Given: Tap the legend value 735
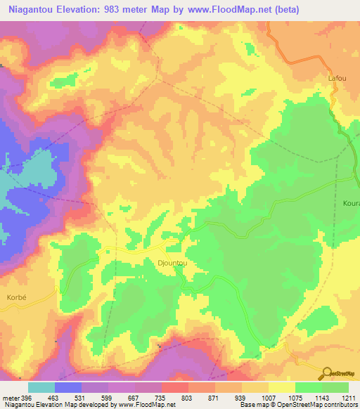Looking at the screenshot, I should [x=161, y=398].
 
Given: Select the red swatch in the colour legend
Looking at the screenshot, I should [x=175, y=387].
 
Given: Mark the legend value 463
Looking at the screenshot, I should [x=54, y=398].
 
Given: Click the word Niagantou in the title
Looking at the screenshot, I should [x=30, y=10].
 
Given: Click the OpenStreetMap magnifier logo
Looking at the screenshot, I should [x=327, y=372].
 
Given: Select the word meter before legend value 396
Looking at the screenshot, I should [x=10, y=398].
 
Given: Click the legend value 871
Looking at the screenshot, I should [x=214, y=398].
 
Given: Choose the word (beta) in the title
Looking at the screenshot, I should [x=286, y=10].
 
